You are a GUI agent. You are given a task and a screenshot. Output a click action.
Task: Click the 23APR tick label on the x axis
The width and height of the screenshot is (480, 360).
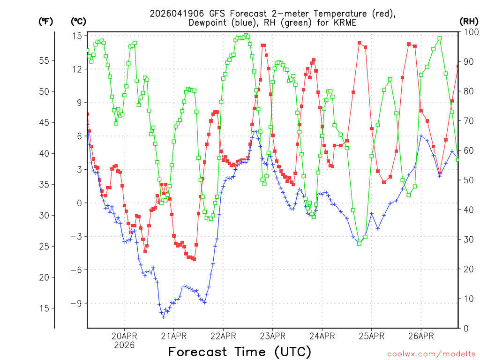(272, 336)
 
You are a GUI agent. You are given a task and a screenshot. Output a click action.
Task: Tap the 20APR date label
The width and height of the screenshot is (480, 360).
(124, 336)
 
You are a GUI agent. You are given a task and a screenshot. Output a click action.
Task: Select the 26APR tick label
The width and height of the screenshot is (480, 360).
(420, 336)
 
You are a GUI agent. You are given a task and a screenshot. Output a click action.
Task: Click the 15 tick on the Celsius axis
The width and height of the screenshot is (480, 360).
(77, 36)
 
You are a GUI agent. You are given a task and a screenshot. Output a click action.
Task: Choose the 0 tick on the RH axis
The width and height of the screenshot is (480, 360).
(466, 328)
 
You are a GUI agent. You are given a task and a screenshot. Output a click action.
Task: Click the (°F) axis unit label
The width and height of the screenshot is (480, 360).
(45, 21)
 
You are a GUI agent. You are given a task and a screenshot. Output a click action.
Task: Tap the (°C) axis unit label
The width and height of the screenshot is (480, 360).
(78, 21)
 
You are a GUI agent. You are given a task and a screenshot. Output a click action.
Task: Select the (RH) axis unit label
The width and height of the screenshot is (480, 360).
(469, 21)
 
